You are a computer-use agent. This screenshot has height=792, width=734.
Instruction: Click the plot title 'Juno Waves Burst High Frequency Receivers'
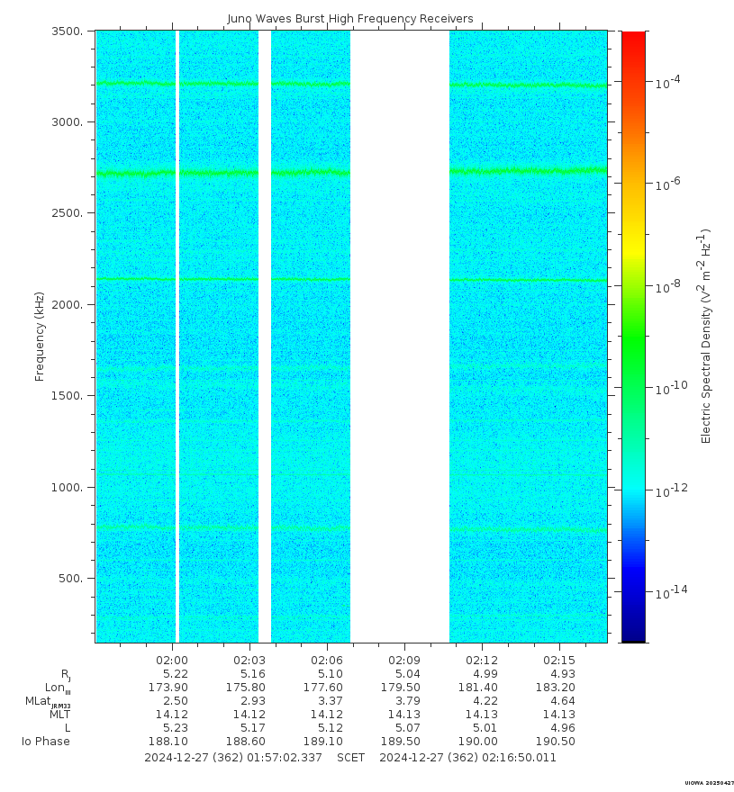350,19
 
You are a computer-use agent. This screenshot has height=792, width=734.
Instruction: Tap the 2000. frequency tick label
71,305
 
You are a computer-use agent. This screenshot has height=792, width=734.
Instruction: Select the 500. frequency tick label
75,579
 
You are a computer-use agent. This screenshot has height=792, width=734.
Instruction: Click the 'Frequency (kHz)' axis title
40,337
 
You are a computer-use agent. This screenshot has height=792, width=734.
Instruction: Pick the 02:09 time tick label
403,661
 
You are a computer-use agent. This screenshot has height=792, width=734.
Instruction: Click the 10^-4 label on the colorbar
667,82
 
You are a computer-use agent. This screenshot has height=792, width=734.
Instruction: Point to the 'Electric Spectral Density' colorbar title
707,336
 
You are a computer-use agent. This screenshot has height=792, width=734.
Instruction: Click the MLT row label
59,715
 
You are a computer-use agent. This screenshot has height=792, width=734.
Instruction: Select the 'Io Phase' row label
46,742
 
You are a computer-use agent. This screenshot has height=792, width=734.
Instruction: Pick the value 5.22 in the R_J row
175,674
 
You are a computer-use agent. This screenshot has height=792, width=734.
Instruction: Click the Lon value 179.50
401,688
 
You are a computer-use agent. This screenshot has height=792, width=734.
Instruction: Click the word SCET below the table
351,758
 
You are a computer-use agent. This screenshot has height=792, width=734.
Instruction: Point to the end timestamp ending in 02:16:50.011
467,758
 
